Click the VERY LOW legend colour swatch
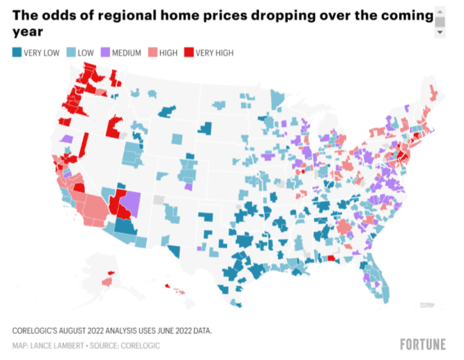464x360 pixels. coord(17,53)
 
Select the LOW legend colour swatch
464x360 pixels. coord(71,53)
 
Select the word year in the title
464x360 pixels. coord(27,31)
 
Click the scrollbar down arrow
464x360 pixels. coord(440,32)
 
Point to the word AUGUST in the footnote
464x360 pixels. coord(86,330)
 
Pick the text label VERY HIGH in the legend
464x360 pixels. coord(215,53)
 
